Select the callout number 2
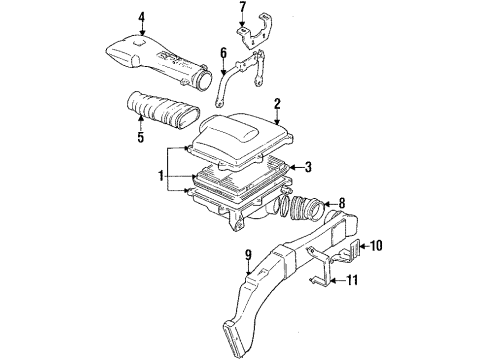(x=277, y=102)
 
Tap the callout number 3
(x=309, y=167)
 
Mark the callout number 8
(x=342, y=203)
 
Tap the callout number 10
(x=377, y=244)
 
